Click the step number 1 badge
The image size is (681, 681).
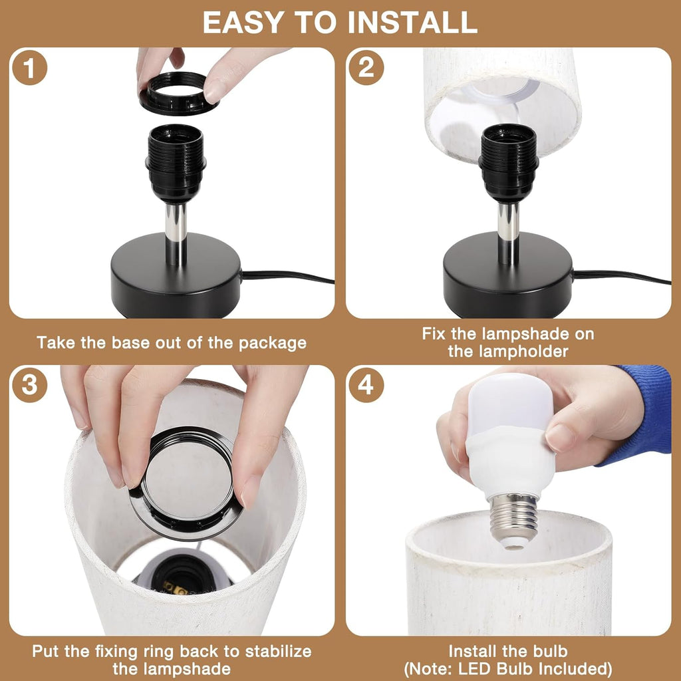click(30, 68)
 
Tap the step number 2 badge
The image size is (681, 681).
click(366, 68)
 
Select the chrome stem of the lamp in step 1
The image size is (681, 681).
click(176, 233)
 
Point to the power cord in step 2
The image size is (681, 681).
click(618, 275)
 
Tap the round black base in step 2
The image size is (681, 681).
click(508, 283)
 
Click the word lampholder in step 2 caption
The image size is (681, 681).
click(508, 351)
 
